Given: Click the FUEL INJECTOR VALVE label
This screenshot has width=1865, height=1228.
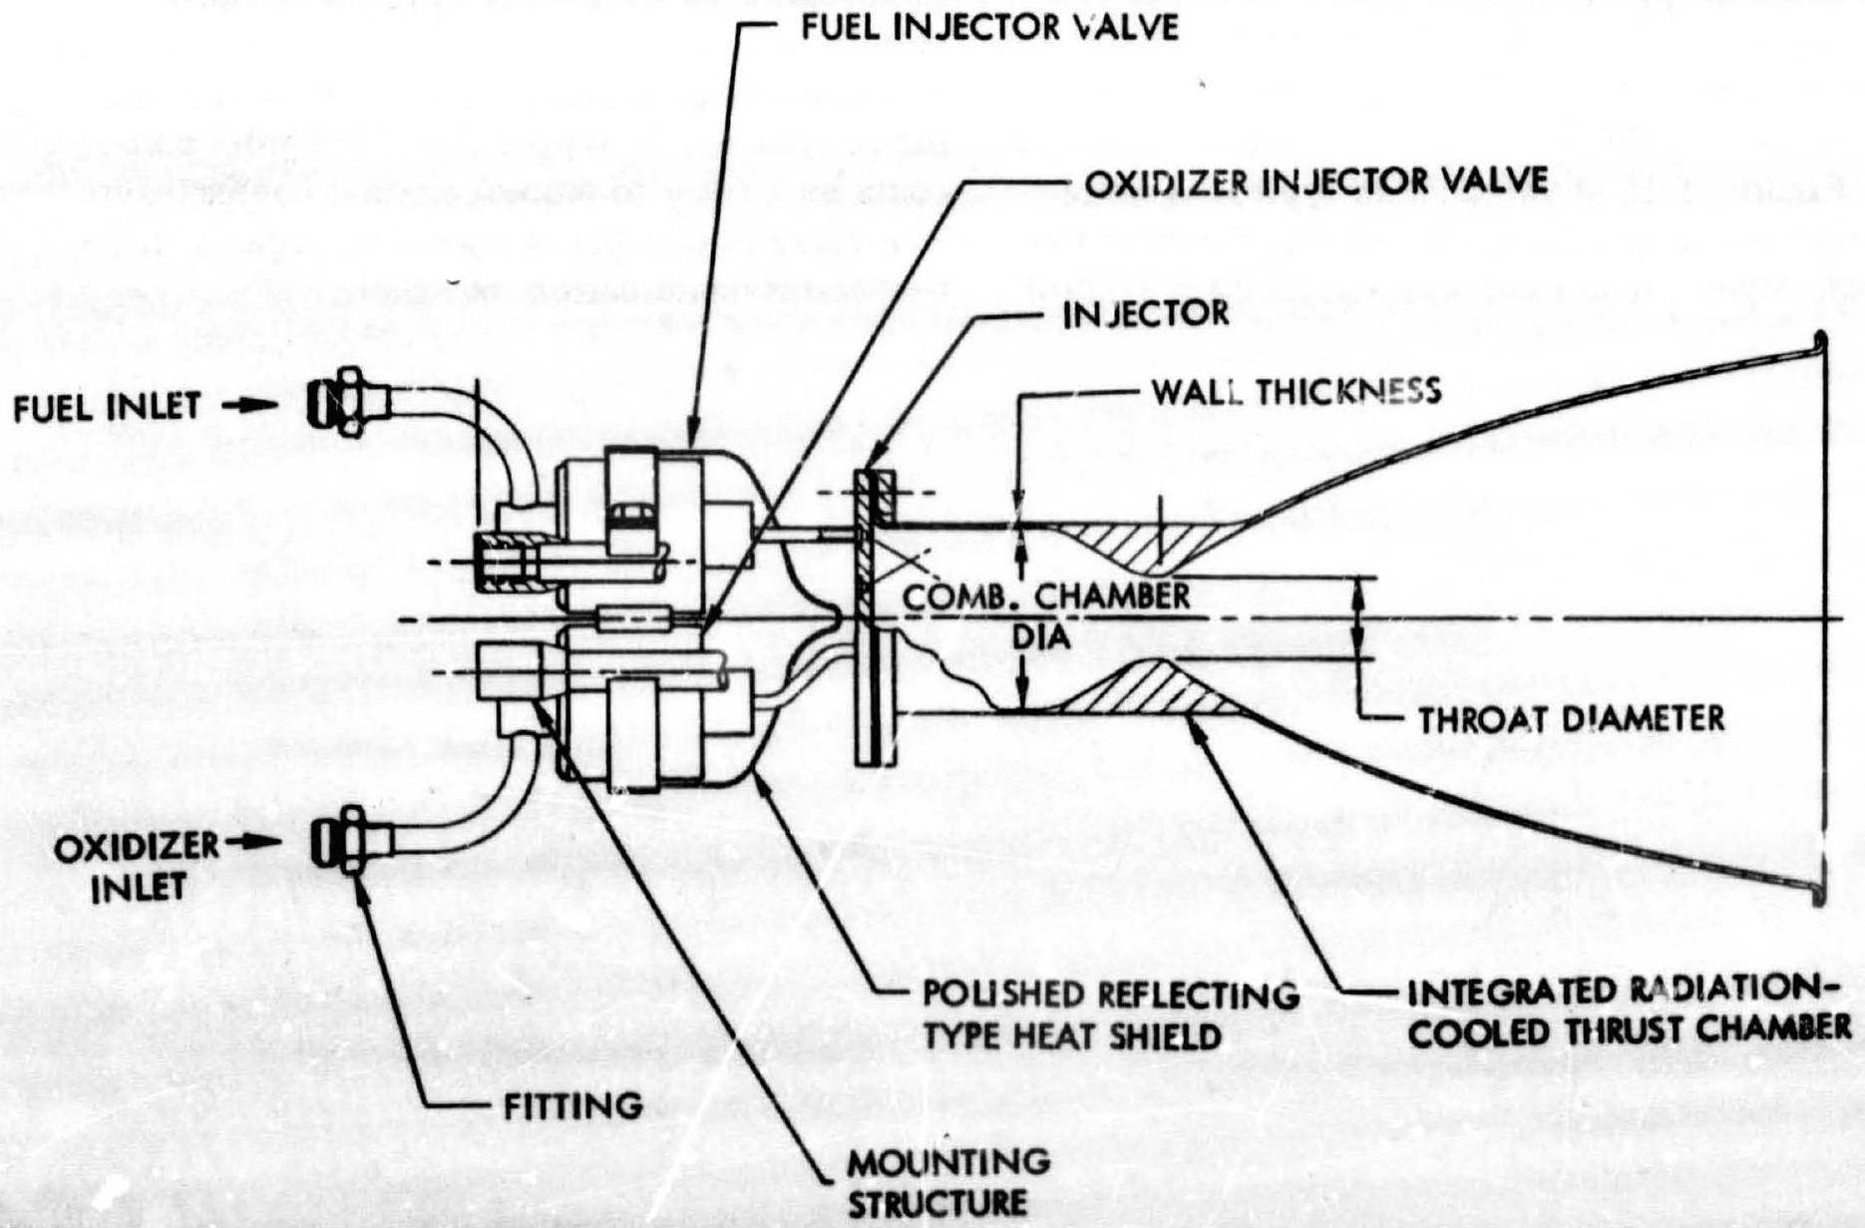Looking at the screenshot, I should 989,27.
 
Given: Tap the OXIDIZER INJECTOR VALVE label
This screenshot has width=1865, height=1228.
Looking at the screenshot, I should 1315,182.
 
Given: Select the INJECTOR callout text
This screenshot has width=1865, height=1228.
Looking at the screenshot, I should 1146,314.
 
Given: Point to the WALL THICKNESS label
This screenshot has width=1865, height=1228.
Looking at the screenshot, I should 1296,391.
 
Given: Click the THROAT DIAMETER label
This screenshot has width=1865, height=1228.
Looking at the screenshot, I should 1571,718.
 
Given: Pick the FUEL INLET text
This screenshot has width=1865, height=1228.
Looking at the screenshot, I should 107,407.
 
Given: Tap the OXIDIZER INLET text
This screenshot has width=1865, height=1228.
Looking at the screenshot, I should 136,866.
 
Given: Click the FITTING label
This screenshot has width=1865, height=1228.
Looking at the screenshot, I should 572,1105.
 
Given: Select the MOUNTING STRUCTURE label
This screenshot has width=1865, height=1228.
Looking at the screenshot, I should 948,1181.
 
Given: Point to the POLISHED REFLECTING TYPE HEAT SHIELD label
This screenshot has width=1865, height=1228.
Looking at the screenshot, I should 1110,1015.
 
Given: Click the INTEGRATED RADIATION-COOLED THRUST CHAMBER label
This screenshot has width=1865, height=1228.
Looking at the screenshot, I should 1629,1011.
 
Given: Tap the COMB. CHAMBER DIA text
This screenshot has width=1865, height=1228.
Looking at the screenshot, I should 1045,614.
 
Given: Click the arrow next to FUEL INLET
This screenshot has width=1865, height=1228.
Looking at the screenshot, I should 246,406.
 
